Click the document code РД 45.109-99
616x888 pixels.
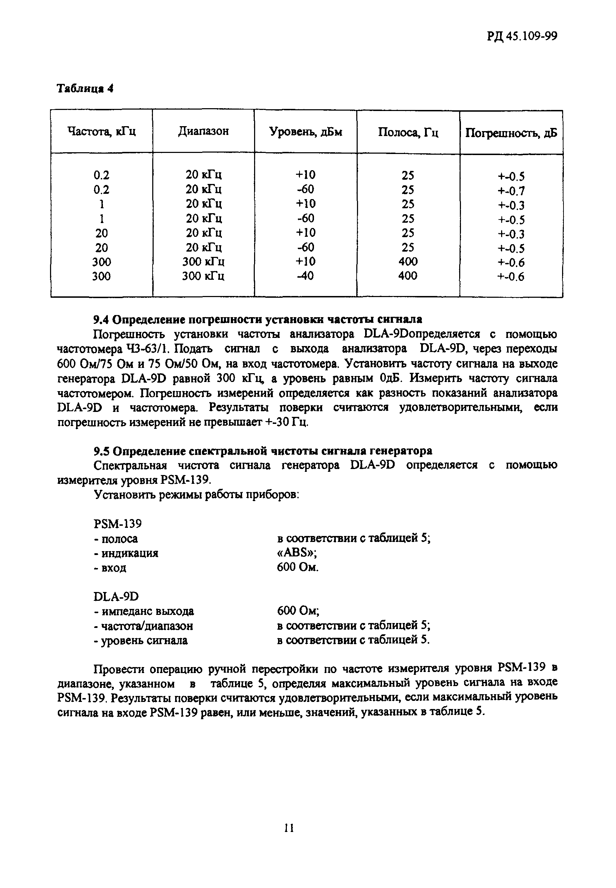pyautogui.click(x=522, y=36)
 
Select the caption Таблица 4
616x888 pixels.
pyautogui.click(x=85, y=88)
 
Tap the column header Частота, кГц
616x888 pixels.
pyautogui.click(x=101, y=131)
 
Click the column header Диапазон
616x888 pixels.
pyautogui.click(x=203, y=131)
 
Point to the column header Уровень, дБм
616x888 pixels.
pyautogui.click(x=306, y=132)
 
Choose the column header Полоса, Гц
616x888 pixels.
pyautogui.click(x=408, y=133)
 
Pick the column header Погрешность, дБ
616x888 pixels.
pyautogui.click(x=511, y=133)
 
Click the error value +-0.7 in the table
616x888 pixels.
pyautogui.click(x=511, y=191)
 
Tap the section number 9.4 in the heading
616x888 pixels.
pyautogui.click(x=102, y=320)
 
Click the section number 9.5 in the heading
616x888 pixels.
pyautogui.click(x=102, y=451)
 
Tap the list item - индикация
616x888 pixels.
pyautogui.click(x=126, y=553)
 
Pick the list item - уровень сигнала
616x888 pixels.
pyautogui.click(x=141, y=641)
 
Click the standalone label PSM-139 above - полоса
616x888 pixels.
pyautogui.click(x=118, y=524)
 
